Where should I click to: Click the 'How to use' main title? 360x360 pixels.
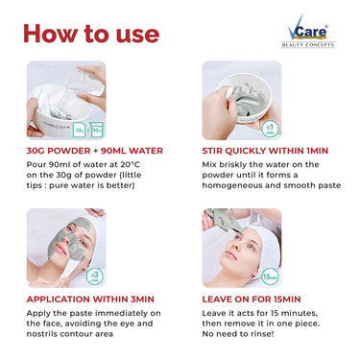(91, 34)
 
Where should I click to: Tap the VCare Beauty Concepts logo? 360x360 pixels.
(307, 32)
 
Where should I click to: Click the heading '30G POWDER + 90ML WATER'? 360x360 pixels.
(95, 151)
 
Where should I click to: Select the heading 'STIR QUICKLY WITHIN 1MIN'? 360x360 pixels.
(265, 151)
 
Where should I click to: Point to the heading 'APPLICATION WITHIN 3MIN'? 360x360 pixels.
(90, 300)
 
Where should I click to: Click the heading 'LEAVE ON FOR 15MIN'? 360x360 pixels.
(252, 300)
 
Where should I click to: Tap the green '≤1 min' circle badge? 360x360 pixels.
(271, 130)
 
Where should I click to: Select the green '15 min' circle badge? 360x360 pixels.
(271, 276)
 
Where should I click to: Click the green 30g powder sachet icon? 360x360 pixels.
(79, 130)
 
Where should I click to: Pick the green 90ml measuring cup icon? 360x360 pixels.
(97, 130)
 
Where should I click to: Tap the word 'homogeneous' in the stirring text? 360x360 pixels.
(232, 185)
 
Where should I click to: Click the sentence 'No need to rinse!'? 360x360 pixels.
(238, 334)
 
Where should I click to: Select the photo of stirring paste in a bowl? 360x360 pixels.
(242, 100)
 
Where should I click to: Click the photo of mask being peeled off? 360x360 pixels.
(242, 248)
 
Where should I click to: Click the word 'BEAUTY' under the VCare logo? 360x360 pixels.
(292, 45)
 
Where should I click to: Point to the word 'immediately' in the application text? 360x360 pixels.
(122, 313)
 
